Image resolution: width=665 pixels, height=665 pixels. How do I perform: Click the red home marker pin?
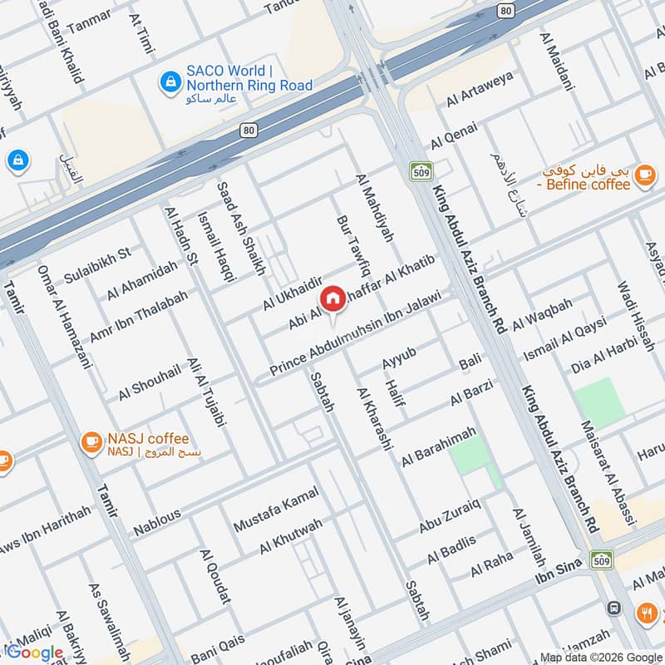332,298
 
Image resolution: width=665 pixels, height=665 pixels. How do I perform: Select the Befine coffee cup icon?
643,175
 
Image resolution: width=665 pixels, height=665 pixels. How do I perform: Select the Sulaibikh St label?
97,264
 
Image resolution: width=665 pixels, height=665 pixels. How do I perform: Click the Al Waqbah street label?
542,313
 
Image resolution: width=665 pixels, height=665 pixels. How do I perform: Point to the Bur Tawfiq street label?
352,247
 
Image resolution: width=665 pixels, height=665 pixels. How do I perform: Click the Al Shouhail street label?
149,382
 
